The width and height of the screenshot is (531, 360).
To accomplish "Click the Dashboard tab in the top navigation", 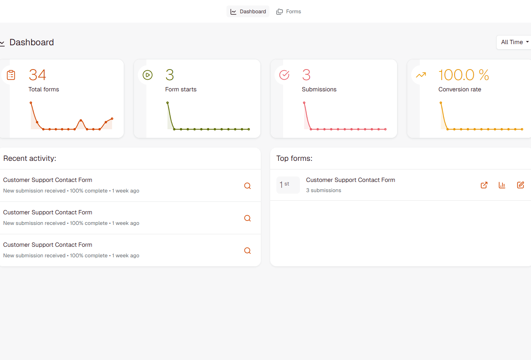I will coord(248,12).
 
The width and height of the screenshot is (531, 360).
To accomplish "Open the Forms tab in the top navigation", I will coord(289,12).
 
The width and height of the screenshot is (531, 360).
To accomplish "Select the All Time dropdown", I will coord(514,42).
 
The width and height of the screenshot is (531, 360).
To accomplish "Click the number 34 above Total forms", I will coord(37,75).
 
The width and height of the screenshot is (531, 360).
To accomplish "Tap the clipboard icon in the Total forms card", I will coord(11,75).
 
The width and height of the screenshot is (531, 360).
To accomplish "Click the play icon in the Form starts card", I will coord(148,75).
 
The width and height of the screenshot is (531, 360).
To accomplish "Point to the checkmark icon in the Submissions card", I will coord(284,75).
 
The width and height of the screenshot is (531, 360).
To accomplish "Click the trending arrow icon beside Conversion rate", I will coord(421,75).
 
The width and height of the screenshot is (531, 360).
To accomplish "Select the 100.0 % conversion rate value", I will coord(463,75).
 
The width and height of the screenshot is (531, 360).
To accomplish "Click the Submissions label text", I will coord(319,89).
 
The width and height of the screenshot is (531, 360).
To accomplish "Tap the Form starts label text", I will coord(181,89).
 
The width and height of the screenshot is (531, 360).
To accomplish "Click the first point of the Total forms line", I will coord(31,103).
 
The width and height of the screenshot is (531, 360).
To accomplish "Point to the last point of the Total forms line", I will coord(112,118).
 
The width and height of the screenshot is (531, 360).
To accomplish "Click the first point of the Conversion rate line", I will coord(441,103).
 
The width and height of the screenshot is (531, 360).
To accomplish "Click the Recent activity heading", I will coord(30,159).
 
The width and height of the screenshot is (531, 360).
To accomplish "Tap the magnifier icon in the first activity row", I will coord(248,186).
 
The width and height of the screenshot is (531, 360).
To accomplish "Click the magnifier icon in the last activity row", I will coord(248,251).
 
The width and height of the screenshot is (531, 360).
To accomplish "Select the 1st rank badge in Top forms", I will coord(288,185).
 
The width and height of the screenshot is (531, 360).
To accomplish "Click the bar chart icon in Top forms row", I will coord(502,185).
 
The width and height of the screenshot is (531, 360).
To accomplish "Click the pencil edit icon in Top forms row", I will coord(520,185).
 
